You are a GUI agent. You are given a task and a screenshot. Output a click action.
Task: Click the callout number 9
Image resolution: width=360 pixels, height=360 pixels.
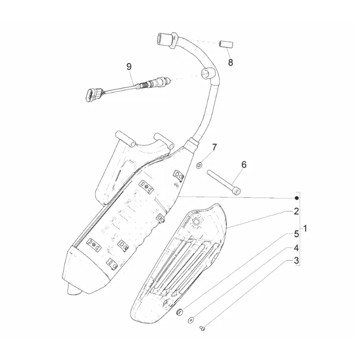pos(129,67)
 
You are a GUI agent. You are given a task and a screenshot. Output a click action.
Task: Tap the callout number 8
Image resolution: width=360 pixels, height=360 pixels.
pos(230,63)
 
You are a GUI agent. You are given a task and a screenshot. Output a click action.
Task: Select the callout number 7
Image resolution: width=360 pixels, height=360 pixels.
pos(214,147)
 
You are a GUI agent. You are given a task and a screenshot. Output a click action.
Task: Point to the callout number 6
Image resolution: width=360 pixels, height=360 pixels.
pos(243,165)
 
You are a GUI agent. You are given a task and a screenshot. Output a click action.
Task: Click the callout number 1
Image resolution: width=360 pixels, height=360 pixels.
pos(306,229)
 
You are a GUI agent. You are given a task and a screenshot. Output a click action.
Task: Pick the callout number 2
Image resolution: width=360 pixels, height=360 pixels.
pos(297,211)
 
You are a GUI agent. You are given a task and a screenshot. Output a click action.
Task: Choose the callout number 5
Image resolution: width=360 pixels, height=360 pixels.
pos(297,234)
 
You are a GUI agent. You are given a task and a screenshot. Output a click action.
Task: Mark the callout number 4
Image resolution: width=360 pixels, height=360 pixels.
pos(297,247)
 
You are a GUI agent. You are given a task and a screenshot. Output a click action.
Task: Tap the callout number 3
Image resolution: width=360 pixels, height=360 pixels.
pos(297,260)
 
